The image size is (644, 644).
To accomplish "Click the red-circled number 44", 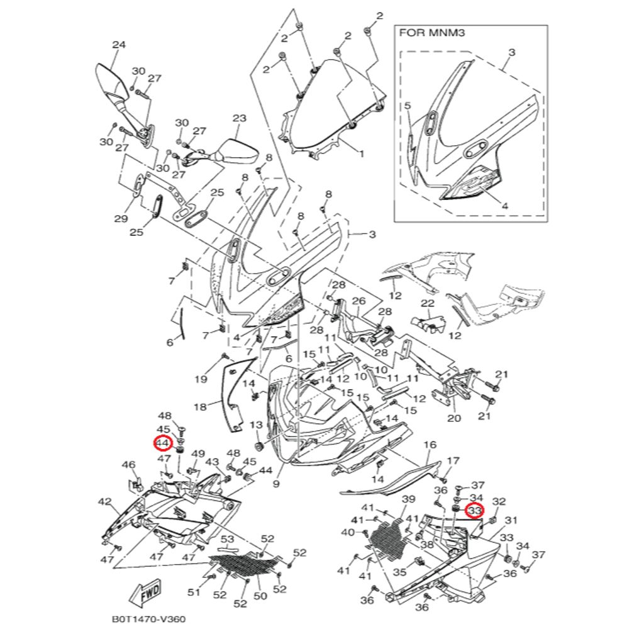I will pos(163,443).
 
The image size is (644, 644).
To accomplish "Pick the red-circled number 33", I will pos(474,511).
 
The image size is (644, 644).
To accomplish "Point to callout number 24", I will pos(118,45).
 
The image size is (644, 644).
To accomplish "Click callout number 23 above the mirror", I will pos(239,118).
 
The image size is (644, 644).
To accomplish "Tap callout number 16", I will pos(430,445).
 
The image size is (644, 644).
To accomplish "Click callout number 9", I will pos(276,484).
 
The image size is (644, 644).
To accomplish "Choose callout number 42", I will pos(104,501).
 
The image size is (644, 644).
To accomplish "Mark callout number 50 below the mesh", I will pos(260,595).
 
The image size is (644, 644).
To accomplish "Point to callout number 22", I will pos(428,304).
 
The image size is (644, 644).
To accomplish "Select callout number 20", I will pos(453,418).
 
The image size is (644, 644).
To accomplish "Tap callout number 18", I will pos(199,407).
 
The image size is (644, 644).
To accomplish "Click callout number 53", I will pos(227,540).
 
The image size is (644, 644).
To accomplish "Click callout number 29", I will pos(121,218).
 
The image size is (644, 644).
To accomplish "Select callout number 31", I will pos(511,520).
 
